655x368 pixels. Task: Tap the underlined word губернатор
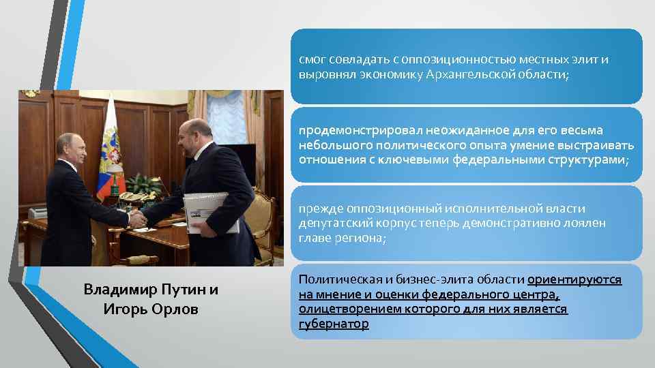(x=334, y=324)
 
